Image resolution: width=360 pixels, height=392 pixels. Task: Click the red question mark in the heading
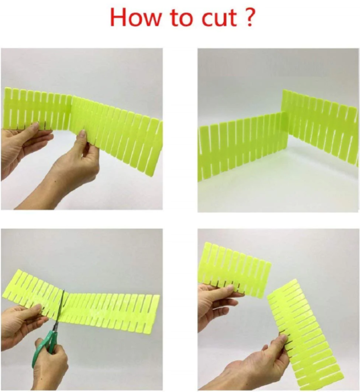[248, 17]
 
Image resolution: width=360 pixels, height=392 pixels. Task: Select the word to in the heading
[182, 18]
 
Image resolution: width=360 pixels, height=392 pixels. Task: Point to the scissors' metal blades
[60, 310]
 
